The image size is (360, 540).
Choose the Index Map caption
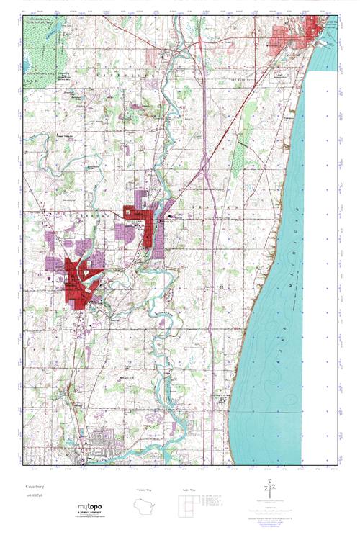pos(187,490)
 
